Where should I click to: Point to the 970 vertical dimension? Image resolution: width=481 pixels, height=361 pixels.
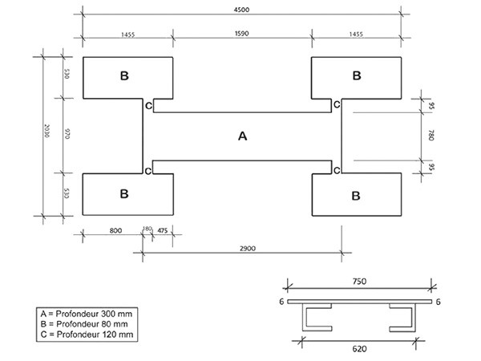[68, 135]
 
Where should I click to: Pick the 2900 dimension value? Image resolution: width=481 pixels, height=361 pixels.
[246, 249]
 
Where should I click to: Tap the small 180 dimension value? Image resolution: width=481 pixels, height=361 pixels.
[147, 229]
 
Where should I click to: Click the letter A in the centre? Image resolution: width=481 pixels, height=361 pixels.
[242, 136]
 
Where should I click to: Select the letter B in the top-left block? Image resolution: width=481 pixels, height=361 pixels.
[124, 76]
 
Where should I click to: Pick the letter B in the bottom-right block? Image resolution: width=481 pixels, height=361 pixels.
[357, 194]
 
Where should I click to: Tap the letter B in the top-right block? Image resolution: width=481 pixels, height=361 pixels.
[357, 76]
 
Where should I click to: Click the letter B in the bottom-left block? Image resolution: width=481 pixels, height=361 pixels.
[124, 194]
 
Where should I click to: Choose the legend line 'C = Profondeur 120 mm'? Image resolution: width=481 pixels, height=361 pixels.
[84, 333]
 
